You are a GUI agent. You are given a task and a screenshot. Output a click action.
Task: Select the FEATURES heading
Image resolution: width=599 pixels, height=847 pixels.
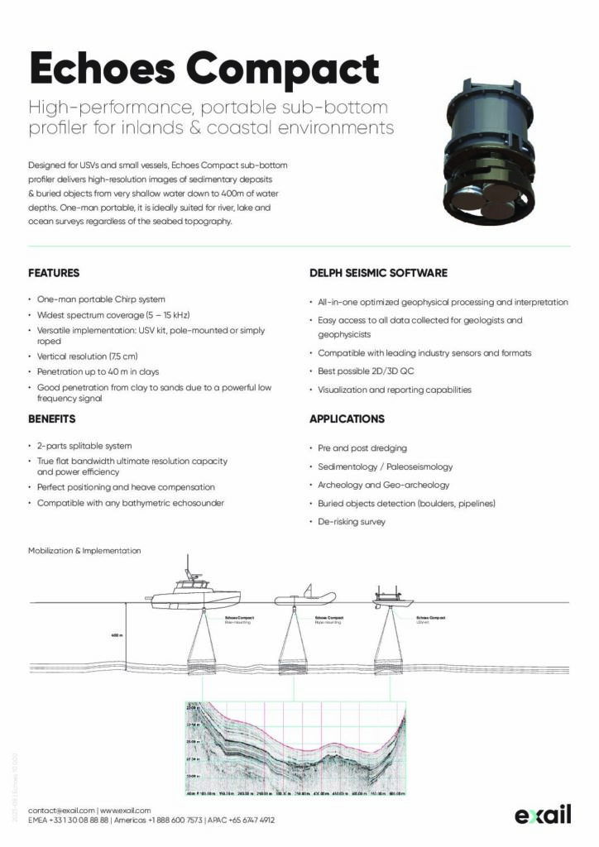point(54,272)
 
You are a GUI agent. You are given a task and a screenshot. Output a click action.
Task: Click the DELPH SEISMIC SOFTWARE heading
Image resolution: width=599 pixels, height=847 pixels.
point(378,272)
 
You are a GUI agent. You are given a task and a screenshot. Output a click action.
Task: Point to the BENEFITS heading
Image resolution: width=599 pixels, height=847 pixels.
point(52,419)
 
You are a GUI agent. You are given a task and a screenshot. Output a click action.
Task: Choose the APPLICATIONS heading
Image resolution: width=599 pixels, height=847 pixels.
point(347,419)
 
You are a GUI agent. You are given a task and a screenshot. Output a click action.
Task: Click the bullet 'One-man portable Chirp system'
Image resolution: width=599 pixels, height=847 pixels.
point(101,299)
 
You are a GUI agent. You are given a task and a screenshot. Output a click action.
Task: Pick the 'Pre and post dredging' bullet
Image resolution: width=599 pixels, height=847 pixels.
point(362,447)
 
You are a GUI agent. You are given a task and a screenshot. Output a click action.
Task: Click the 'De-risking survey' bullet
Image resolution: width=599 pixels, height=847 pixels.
point(352,522)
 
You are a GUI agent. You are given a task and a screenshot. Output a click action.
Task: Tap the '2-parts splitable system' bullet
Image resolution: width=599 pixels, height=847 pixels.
point(84,446)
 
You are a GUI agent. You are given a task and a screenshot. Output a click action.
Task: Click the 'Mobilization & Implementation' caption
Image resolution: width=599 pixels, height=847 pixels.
point(84,550)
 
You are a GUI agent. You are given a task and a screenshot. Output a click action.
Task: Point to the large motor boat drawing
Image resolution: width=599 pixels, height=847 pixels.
point(193,589)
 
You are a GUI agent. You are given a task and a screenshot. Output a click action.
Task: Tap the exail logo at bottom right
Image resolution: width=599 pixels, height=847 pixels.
point(543,815)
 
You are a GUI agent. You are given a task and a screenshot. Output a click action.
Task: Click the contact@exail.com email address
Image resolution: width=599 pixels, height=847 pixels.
point(61,810)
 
